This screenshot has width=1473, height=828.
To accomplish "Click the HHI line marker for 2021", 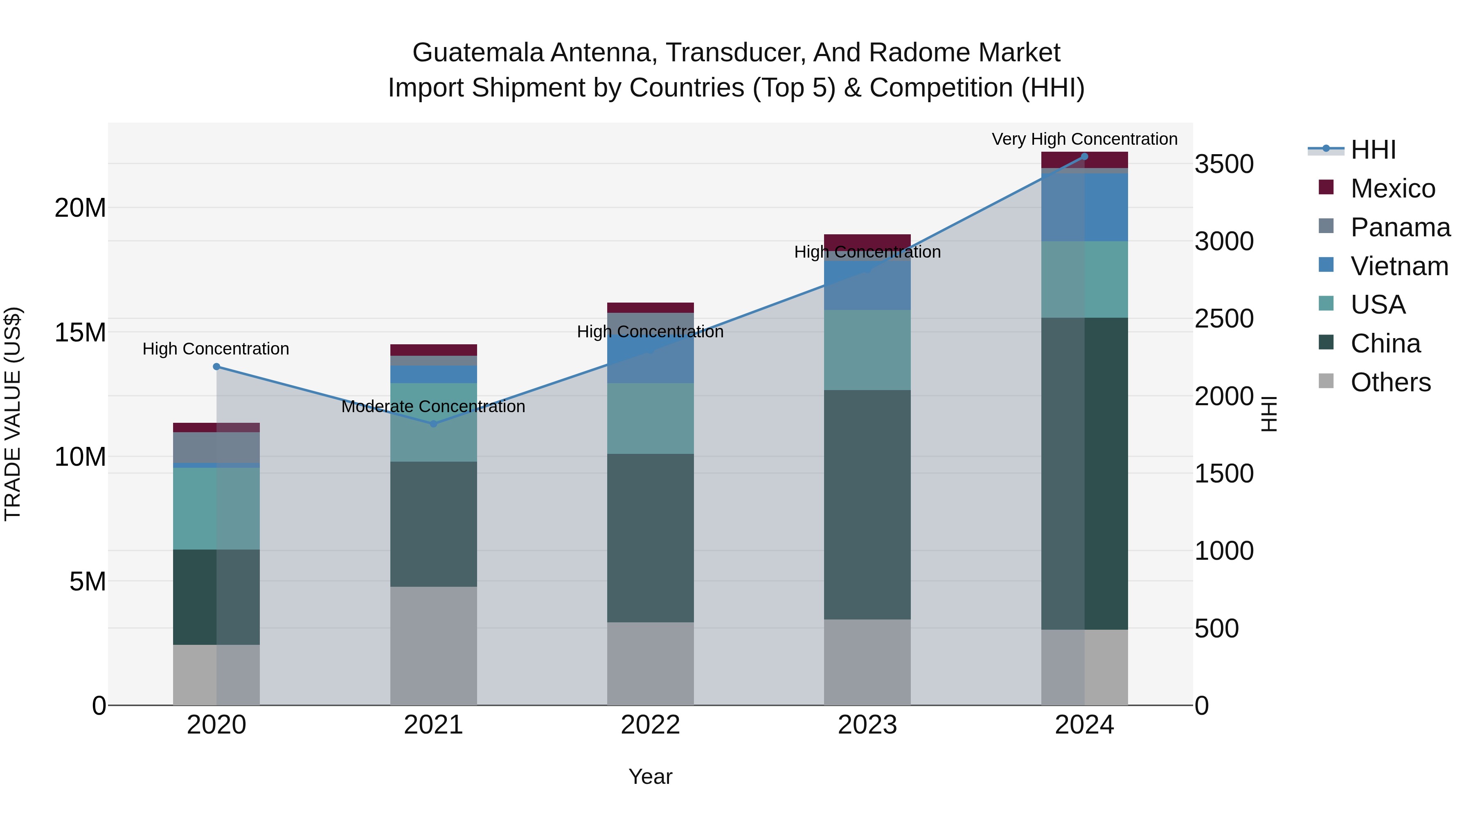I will (433, 424).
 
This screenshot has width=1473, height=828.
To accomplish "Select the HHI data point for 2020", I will (216, 367).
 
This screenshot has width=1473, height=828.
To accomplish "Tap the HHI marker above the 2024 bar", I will (1084, 157).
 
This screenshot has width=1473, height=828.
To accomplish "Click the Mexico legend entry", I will (1392, 188).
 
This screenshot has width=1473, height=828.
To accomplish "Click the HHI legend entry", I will (1373, 150).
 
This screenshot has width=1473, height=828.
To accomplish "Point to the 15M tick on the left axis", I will (80, 332).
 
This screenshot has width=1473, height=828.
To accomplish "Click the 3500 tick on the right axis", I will (1224, 164).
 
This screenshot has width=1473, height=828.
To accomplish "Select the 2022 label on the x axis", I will (650, 725).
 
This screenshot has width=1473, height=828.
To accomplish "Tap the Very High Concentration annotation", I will (1084, 139).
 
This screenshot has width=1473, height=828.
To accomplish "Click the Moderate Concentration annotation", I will (433, 407).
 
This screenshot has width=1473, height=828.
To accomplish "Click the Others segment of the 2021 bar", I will (433, 646).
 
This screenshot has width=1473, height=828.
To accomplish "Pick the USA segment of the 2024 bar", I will (1084, 279).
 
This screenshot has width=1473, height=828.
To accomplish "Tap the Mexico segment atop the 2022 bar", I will (650, 307).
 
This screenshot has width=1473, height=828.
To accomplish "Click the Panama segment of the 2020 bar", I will (216, 447).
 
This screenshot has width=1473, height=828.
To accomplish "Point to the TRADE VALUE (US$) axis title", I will (13, 414).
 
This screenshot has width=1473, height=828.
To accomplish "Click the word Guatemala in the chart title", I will (477, 53).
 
